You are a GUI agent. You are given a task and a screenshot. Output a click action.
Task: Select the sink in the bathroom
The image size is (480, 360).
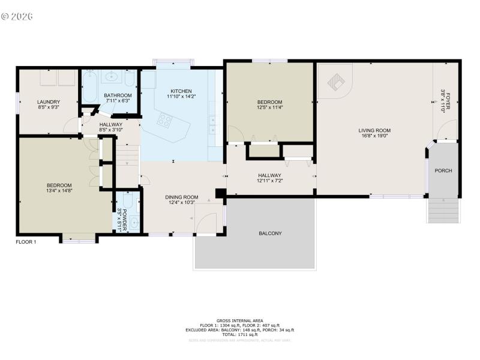click(x=111, y=77)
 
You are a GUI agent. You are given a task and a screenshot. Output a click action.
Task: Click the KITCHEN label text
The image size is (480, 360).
click(x=181, y=91)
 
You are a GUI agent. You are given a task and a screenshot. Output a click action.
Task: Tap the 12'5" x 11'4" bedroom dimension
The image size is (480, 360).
click(x=269, y=108)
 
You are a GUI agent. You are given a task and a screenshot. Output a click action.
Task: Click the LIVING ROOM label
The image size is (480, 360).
click(x=374, y=130)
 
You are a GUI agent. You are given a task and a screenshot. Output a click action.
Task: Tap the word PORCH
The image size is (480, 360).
click(x=443, y=171)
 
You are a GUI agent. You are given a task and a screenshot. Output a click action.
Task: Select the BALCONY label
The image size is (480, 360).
click(x=270, y=233)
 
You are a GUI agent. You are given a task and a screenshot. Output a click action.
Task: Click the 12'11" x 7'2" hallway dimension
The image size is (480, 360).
click(x=269, y=181)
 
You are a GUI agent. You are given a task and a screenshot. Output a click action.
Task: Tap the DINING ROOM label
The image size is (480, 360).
click(x=181, y=197)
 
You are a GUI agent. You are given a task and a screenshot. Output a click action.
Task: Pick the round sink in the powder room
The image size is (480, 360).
click(x=134, y=223)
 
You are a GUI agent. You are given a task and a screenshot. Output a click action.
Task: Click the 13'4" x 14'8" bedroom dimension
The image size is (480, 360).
click(x=59, y=191)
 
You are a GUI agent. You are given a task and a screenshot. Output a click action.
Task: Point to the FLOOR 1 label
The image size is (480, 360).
click(x=26, y=242)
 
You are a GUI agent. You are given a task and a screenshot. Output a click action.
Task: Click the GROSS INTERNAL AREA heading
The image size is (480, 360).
click(x=240, y=320)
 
